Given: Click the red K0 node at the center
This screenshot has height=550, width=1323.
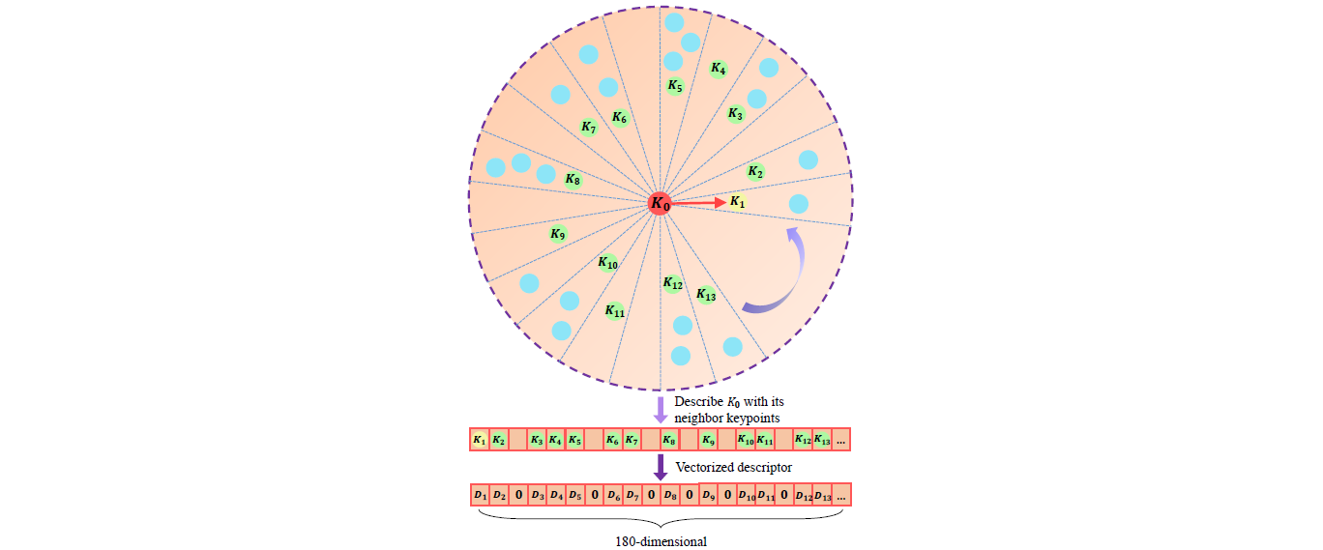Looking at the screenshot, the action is pos(660,203).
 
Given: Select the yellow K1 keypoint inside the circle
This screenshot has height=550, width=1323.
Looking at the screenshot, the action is pos(738,202).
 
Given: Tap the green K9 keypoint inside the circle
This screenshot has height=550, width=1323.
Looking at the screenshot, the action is pos(557,233).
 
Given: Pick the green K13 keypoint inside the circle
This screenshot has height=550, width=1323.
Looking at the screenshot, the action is pos(706,294).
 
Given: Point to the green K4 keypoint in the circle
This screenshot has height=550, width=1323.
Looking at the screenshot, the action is pos(718,69).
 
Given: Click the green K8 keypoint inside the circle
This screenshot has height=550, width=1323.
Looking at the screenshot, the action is pos(573,180).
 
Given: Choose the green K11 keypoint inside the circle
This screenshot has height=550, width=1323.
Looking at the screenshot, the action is pos(614,310).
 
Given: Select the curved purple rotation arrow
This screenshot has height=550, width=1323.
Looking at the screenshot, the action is pos(779,275).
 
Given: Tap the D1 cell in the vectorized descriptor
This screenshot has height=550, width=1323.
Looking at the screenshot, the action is pos(480,495).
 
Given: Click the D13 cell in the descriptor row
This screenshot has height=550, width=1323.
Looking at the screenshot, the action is pos(823,495).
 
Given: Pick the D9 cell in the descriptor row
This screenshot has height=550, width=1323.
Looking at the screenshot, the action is pos(709,495).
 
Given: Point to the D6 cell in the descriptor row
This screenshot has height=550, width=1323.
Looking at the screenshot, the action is pos(613,495).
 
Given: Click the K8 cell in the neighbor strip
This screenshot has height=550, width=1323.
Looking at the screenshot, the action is pos(669,440).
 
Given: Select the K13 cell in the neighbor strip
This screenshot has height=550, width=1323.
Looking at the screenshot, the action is pos(822,440).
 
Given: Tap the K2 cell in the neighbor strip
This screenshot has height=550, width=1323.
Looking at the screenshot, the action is pos(498,440).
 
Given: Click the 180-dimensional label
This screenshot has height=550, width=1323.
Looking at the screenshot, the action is pos(661,541).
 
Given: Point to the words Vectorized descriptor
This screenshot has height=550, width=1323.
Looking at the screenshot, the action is pos(733,468).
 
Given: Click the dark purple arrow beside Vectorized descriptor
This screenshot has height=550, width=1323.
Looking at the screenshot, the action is pos(661,467).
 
